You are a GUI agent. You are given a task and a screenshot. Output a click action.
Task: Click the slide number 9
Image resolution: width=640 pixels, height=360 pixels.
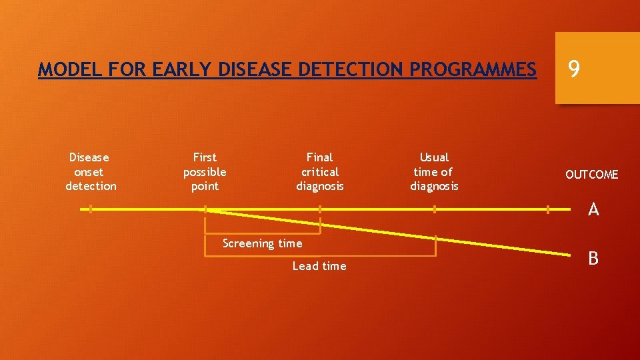[x=573, y=69]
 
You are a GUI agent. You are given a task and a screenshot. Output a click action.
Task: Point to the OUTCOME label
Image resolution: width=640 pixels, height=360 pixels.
[x=591, y=175]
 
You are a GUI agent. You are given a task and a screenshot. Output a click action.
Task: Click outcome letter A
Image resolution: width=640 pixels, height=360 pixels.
[x=593, y=210]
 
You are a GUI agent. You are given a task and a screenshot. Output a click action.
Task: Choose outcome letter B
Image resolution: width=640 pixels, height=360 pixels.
[x=593, y=258]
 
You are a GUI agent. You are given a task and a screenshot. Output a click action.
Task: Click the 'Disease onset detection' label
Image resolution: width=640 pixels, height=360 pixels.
[x=91, y=171]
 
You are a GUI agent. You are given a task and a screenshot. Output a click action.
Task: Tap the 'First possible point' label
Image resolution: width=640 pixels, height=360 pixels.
[x=205, y=171]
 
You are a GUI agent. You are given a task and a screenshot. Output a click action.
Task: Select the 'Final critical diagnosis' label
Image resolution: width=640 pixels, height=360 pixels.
[x=320, y=171]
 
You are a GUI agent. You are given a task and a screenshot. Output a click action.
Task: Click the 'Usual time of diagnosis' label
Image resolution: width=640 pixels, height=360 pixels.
[x=434, y=171]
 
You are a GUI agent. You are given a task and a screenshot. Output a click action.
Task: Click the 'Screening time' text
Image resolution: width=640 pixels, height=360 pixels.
[x=262, y=243]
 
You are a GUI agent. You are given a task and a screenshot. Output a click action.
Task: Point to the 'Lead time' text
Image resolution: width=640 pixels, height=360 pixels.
[x=319, y=266]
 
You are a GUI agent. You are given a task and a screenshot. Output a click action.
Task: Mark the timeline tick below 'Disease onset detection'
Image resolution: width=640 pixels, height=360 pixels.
[x=91, y=209]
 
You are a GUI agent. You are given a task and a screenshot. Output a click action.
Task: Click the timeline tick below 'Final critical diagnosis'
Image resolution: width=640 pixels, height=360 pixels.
[x=320, y=209]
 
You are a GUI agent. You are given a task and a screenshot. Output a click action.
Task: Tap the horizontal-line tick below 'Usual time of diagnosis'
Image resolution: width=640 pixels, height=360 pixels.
[x=434, y=209]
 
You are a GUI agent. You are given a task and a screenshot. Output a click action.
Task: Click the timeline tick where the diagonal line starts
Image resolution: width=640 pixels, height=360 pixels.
[x=205, y=209]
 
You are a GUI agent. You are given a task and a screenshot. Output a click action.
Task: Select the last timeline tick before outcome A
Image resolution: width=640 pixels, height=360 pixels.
[x=548, y=209]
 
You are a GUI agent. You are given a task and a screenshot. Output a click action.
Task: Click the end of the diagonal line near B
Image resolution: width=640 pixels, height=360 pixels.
[x=569, y=254]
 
